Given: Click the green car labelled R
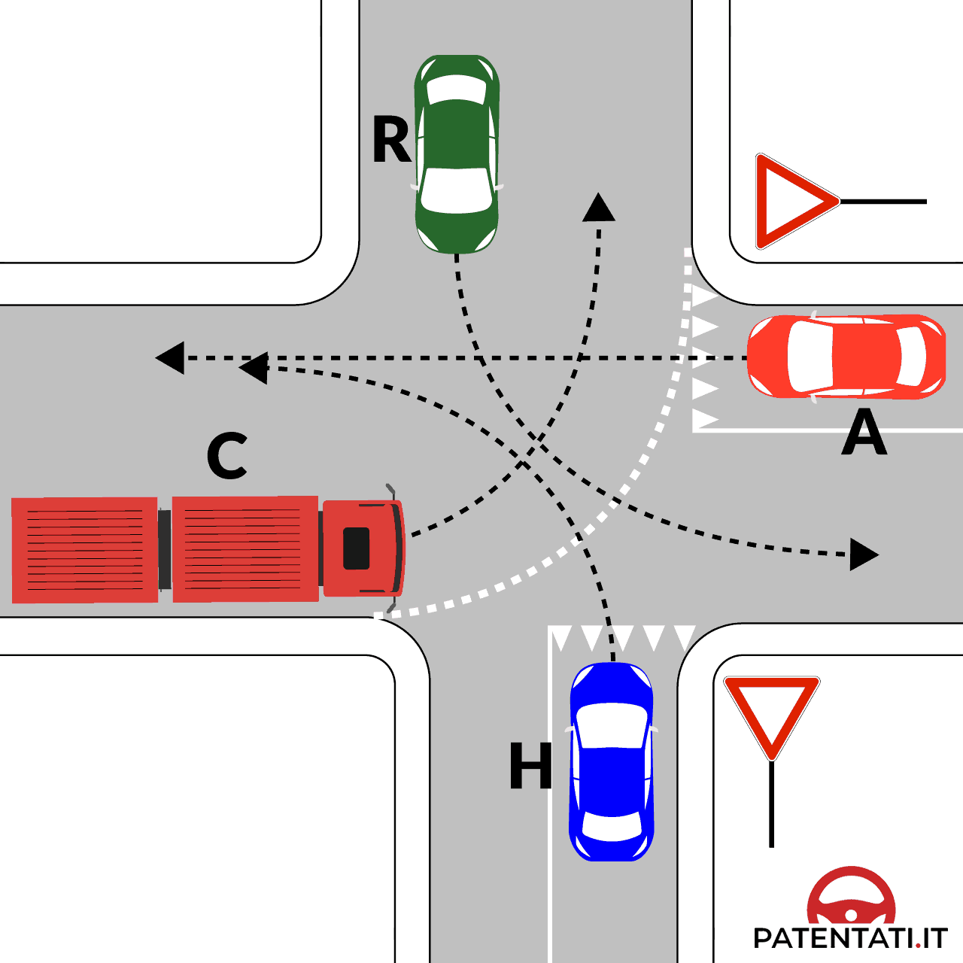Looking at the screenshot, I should coord(457,154).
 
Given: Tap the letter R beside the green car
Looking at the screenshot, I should coord(391,140).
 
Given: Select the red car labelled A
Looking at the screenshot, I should coord(847,356).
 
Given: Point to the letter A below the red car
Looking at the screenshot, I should coord(864,433).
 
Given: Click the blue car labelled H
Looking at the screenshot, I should coord(611,761).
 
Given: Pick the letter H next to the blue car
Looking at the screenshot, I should coord(530,766).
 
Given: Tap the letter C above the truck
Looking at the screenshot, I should coord(226,456).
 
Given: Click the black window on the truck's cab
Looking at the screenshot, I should coord(357,548).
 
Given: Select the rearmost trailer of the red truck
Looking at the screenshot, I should coord(85,550).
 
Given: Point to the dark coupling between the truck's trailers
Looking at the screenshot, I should coord(165,550).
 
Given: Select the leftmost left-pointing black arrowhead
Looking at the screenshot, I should coord(171,358).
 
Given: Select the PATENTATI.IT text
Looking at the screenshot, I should coord(849,938).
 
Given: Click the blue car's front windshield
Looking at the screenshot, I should coord(611,725).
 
